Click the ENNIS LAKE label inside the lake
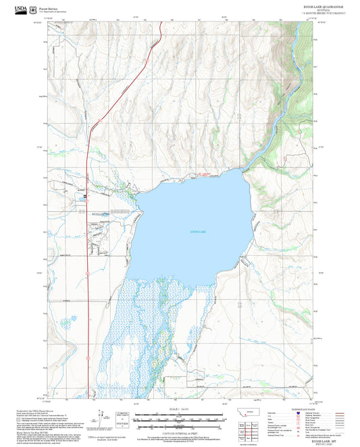200,232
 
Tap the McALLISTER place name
100,211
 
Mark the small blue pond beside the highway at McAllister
85,196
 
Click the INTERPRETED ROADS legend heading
297,409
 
